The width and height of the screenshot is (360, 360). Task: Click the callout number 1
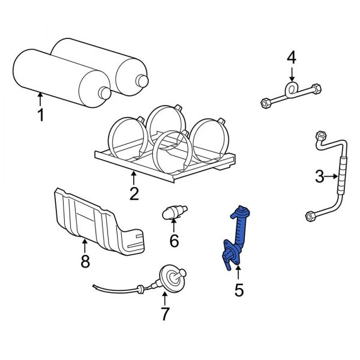point(41,115)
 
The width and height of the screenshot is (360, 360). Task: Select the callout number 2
point(133,193)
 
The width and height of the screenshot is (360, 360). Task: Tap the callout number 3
point(320,176)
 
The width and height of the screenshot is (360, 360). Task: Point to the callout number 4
point(292,58)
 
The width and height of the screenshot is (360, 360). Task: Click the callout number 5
point(238,290)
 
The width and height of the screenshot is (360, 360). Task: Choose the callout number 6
point(174,241)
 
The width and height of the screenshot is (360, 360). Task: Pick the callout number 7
point(165,313)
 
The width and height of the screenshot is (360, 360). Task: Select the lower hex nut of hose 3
point(311,215)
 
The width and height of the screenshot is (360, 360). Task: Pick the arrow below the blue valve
point(238,276)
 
